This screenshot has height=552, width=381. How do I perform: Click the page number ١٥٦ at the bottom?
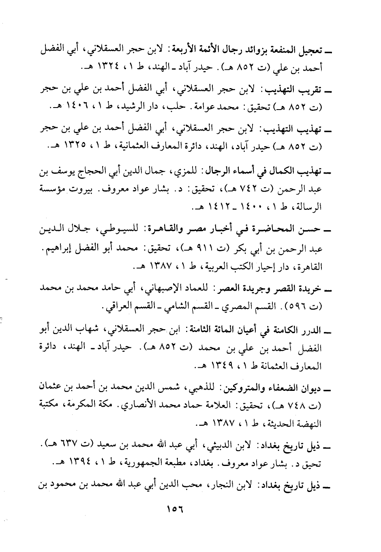coord(175,508)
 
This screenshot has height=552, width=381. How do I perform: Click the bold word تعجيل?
coord(313,50)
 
